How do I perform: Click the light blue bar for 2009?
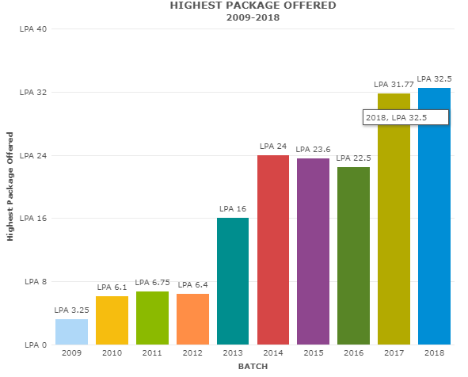pyautogui.click(x=71, y=331)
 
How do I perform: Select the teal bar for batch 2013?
pyautogui.click(x=233, y=281)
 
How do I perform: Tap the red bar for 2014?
pyautogui.click(x=273, y=249)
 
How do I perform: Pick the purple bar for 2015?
pyautogui.click(x=313, y=251)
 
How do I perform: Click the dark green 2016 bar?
pyautogui.click(x=353, y=255)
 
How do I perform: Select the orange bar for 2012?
pyautogui.click(x=192, y=318)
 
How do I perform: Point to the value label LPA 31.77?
pyautogui.click(x=393, y=84)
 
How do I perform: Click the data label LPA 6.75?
pyautogui.click(x=152, y=282)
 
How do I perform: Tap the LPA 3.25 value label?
pyautogui.click(x=71, y=310)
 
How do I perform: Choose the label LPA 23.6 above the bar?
pyautogui.click(x=313, y=149)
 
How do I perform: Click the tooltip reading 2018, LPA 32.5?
pyautogui.click(x=406, y=117)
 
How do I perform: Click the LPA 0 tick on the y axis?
pyautogui.click(x=35, y=345)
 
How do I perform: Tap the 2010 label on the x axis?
pyautogui.click(x=112, y=353)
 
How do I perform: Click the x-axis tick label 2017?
pyautogui.click(x=394, y=353)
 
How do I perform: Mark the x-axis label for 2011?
pyautogui.click(x=152, y=353)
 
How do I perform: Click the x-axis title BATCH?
pyautogui.click(x=253, y=367)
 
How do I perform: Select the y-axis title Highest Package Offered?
pyautogui.click(x=10, y=187)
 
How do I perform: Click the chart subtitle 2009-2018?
pyautogui.click(x=253, y=17)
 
